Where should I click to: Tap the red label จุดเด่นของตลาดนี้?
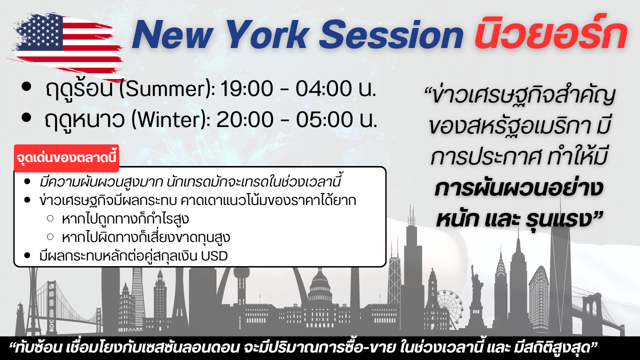pos(66,158)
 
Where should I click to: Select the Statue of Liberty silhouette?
pos(476,297)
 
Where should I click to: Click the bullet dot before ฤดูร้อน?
pos(26,86)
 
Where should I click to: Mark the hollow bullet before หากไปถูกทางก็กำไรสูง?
pos(50,218)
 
